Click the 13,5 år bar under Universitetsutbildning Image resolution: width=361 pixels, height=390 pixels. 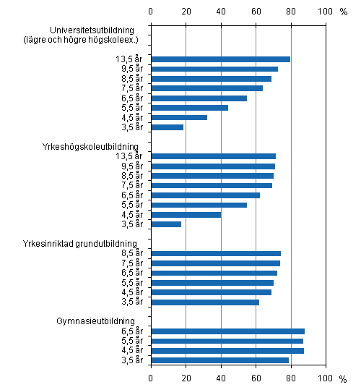[220, 59]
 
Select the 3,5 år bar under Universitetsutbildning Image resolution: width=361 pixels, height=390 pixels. [167, 127]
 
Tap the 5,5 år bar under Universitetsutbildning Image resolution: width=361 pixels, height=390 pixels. [189, 108]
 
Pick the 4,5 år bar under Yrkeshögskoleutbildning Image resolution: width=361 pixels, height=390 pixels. [186, 214]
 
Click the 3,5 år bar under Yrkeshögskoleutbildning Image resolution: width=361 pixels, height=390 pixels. [166, 224]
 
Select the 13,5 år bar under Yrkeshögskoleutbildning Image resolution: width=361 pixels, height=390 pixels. [213, 156]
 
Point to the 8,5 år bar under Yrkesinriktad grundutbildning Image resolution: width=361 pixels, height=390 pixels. [215, 253]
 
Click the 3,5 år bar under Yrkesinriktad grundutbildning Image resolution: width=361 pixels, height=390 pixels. [204, 302]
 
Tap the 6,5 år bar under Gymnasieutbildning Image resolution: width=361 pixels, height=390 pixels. [227, 331]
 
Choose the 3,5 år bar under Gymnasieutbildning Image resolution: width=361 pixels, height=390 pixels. [219, 360]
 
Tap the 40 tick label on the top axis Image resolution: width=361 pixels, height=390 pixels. [221, 12]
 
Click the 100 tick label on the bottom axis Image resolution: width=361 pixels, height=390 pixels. [326, 378]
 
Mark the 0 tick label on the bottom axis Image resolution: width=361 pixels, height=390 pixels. [151, 378]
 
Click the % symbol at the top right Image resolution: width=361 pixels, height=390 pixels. [344, 12]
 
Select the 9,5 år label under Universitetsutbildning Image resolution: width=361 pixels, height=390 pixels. [128, 69]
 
